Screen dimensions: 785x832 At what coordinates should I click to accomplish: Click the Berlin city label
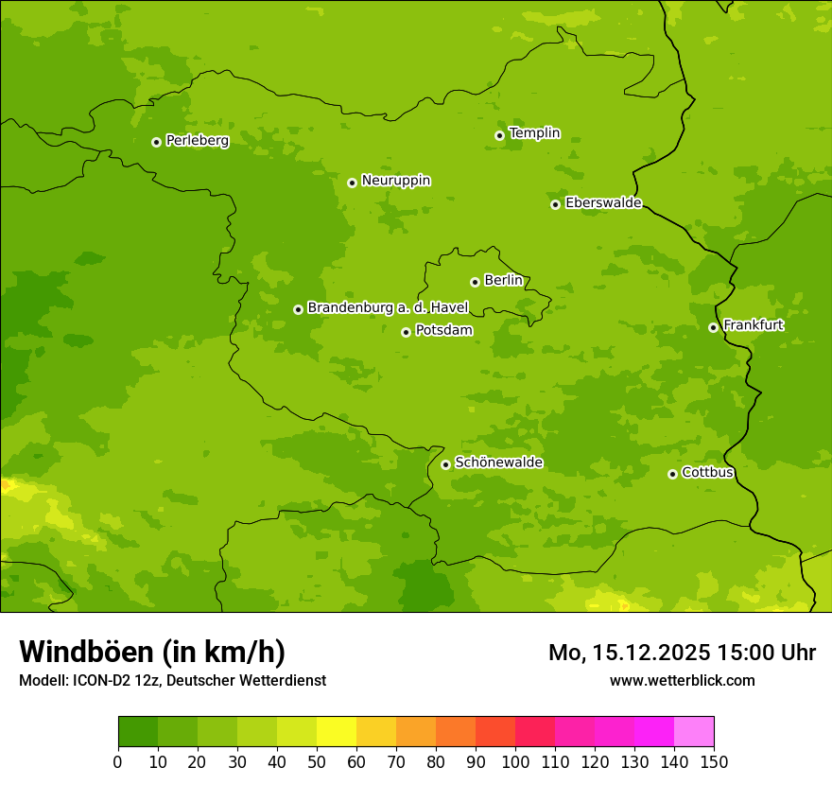(x=503, y=281)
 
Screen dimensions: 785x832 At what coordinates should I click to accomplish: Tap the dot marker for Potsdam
(x=406, y=332)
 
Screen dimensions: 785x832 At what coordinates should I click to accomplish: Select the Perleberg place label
(x=197, y=141)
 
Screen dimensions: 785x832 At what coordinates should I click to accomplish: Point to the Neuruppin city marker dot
(x=352, y=183)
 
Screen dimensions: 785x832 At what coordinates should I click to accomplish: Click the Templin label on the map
(x=534, y=133)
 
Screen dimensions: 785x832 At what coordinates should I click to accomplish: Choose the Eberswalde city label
(x=603, y=203)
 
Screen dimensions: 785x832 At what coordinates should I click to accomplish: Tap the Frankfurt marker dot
(x=713, y=327)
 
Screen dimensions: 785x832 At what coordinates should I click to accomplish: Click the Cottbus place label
(x=707, y=473)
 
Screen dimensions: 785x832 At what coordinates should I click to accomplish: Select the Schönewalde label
(x=498, y=462)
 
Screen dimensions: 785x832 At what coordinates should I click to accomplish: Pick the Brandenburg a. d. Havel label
(x=388, y=308)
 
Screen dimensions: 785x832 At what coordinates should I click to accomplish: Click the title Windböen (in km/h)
(x=152, y=652)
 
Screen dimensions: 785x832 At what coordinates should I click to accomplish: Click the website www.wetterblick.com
(x=682, y=680)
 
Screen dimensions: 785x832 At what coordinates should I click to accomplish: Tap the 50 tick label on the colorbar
(x=317, y=761)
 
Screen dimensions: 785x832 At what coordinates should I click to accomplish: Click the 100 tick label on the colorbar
(x=515, y=761)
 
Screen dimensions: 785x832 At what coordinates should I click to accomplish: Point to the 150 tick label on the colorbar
(x=714, y=761)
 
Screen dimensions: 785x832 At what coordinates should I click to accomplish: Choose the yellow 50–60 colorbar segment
(x=337, y=732)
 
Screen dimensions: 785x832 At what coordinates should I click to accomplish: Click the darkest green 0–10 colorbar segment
(x=138, y=732)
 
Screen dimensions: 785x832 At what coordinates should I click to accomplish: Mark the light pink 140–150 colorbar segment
(x=694, y=732)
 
